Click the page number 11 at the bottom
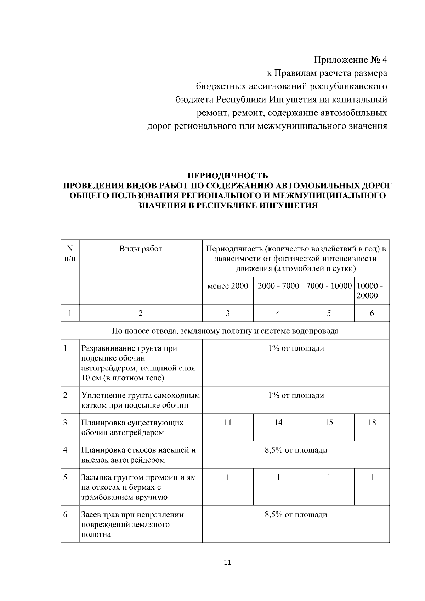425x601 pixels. point(228,562)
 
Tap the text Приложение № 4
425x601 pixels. point(351,59)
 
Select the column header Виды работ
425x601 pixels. point(141,249)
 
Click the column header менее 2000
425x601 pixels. point(228,286)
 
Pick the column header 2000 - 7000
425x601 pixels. point(278,286)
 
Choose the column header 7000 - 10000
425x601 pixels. point(329,286)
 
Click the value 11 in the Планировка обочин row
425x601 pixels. point(228,423)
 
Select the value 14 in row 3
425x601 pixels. point(278,423)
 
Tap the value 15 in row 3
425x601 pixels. point(329,423)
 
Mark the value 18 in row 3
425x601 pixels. point(372,423)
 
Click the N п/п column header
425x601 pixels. point(70,254)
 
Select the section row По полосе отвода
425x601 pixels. point(225,331)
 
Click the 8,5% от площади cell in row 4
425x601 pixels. point(296,450)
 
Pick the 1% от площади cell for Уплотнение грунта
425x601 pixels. point(296,395)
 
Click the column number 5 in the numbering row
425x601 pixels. point(329,313)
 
